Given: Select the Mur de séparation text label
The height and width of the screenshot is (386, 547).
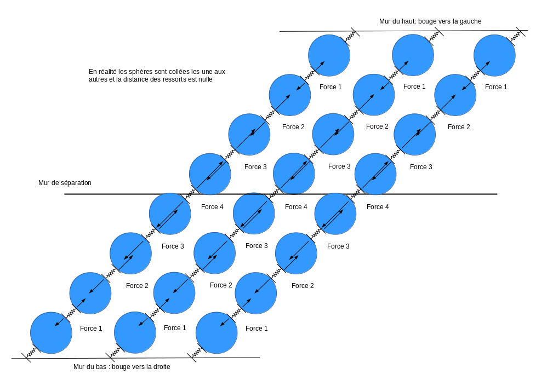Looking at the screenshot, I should click(65, 183).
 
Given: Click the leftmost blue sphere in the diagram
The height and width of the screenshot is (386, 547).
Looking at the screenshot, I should click(51, 333).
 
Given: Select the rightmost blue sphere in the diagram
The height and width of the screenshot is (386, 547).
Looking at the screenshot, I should click(494, 55).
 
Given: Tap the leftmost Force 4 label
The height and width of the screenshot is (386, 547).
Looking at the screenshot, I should click(213, 207).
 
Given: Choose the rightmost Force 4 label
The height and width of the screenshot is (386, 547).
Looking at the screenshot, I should click(378, 207).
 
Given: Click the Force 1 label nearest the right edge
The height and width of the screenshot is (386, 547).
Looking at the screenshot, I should click(496, 87).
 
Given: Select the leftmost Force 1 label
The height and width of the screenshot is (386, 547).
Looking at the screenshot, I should click(91, 329).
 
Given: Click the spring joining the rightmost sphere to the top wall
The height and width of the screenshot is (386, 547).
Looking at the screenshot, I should click(516, 36).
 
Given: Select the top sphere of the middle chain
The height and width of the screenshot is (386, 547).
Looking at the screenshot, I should click(413, 55).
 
